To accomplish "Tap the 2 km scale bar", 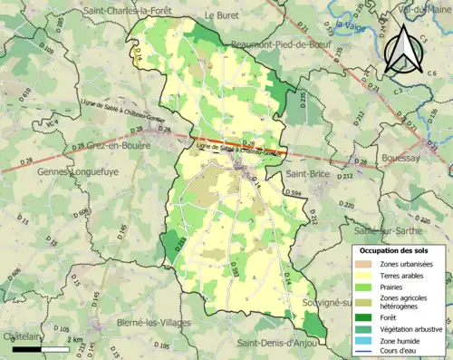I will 41,348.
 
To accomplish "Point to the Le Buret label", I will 221,15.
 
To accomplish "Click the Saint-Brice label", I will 308,172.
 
